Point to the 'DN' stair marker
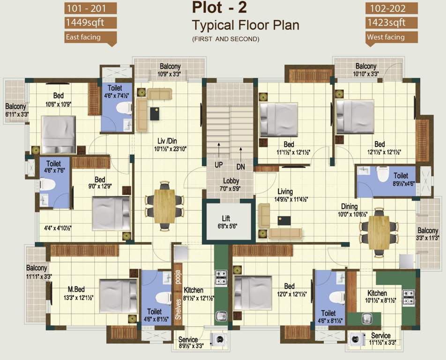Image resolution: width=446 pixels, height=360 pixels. coord(241,166)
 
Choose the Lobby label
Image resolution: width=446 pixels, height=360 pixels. coord(230,181)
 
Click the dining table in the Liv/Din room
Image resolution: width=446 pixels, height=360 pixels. coord(164,206)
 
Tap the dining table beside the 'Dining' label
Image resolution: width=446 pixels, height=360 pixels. coord(379,232)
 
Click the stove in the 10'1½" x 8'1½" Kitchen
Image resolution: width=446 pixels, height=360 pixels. coord(409,296)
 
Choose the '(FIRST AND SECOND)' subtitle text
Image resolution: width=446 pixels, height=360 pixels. coord(225,39)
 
